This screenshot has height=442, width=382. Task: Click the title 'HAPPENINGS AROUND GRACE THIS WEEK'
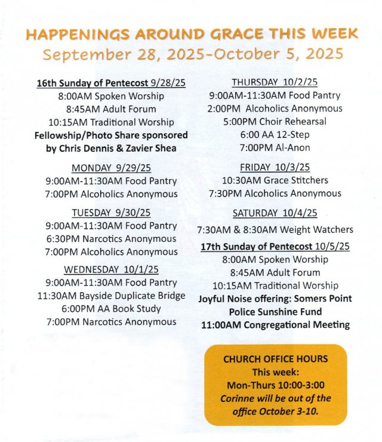pos(192,33)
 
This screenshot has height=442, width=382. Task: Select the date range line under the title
pos(193,54)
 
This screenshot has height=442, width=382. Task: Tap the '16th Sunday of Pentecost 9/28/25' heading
pos(112,83)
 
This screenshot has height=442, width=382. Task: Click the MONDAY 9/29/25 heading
pos(111,167)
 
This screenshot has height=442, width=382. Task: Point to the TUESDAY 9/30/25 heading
pos(111,213)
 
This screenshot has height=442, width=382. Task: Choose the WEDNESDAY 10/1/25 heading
pos(111,269)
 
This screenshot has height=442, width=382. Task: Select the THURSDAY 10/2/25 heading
pos(275,82)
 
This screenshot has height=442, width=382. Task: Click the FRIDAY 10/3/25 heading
pos(275,167)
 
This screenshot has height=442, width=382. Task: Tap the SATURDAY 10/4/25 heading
pos(275,213)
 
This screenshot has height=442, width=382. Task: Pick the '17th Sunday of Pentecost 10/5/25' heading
pos(275,246)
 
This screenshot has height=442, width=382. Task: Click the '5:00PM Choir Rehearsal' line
pos(275,121)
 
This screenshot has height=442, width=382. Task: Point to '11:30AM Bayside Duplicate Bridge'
pos(111,296)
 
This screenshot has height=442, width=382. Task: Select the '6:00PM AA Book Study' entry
pos(111,309)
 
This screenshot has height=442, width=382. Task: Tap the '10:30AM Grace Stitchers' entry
pos(275,180)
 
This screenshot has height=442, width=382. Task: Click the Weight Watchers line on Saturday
pos(275,229)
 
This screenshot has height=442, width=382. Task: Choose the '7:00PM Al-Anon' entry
pos(275,148)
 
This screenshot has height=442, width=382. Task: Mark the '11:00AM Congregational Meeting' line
pos(275,325)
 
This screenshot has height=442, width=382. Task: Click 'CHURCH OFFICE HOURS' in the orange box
pos(275,359)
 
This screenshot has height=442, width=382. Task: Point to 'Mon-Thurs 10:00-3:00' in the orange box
pos(275,385)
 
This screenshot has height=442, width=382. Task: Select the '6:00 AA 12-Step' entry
pos(275,134)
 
